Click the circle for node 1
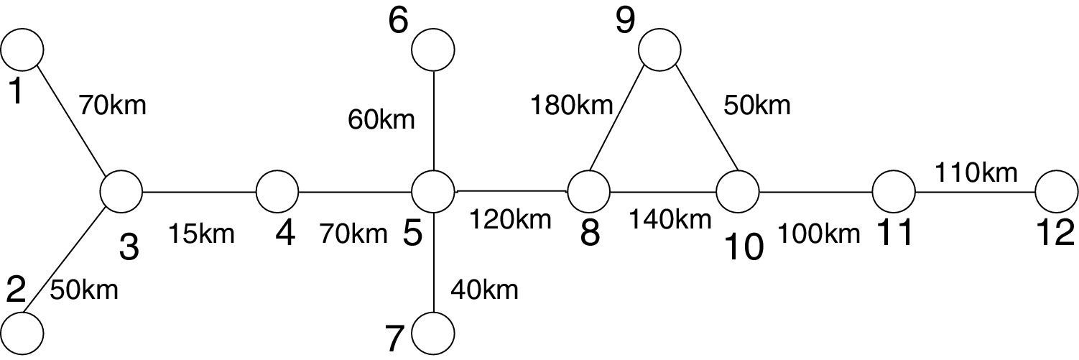pyautogui.click(x=22, y=49)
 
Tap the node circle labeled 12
pyautogui.click(x=1057, y=192)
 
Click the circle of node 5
pyautogui.click(x=433, y=192)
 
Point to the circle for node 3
pyautogui.click(x=121, y=193)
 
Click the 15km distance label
pyautogui.click(x=201, y=234)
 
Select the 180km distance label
pyautogui.click(x=571, y=106)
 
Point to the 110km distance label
pyautogui.click(x=976, y=172)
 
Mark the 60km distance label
pyautogui.click(x=381, y=119)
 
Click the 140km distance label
pyautogui.click(x=670, y=218)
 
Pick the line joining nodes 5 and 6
pyautogui.click(x=433, y=122)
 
